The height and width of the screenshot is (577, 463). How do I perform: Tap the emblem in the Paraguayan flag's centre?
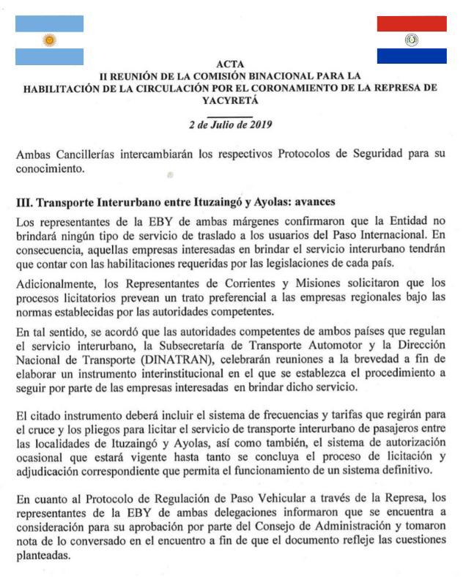(x=412, y=40)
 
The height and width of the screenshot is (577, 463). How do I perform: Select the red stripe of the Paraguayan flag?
(x=412, y=23)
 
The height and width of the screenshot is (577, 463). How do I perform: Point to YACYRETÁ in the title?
(x=231, y=101)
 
